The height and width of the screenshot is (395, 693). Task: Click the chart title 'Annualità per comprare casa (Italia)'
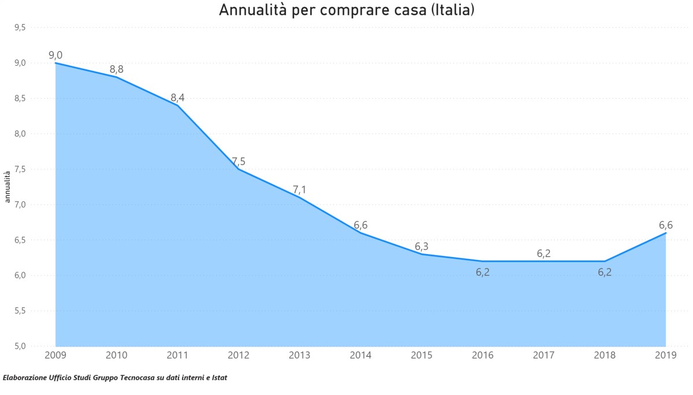tap(346, 10)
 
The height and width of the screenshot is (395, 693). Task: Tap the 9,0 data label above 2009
tap(55, 55)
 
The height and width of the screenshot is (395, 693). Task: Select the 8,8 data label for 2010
tap(117, 69)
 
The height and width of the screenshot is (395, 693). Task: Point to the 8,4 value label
tap(177, 98)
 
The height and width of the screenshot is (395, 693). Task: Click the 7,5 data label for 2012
tap(239, 162)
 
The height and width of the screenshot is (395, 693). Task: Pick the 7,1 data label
tap(300, 189)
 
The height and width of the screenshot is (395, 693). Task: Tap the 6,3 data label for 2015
tap(422, 247)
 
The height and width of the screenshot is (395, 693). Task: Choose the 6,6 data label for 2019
tap(666, 225)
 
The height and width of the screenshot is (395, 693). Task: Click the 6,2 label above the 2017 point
tap(543, 253)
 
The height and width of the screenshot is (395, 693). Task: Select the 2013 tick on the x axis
tap(300, 355)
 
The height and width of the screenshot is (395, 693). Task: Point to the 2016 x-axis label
tap(483, 355)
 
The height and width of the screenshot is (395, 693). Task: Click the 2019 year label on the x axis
tap(666, 355)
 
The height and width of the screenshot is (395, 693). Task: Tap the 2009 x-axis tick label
tap(55, 355)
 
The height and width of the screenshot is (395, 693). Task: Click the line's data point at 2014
tap(361, 233)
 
